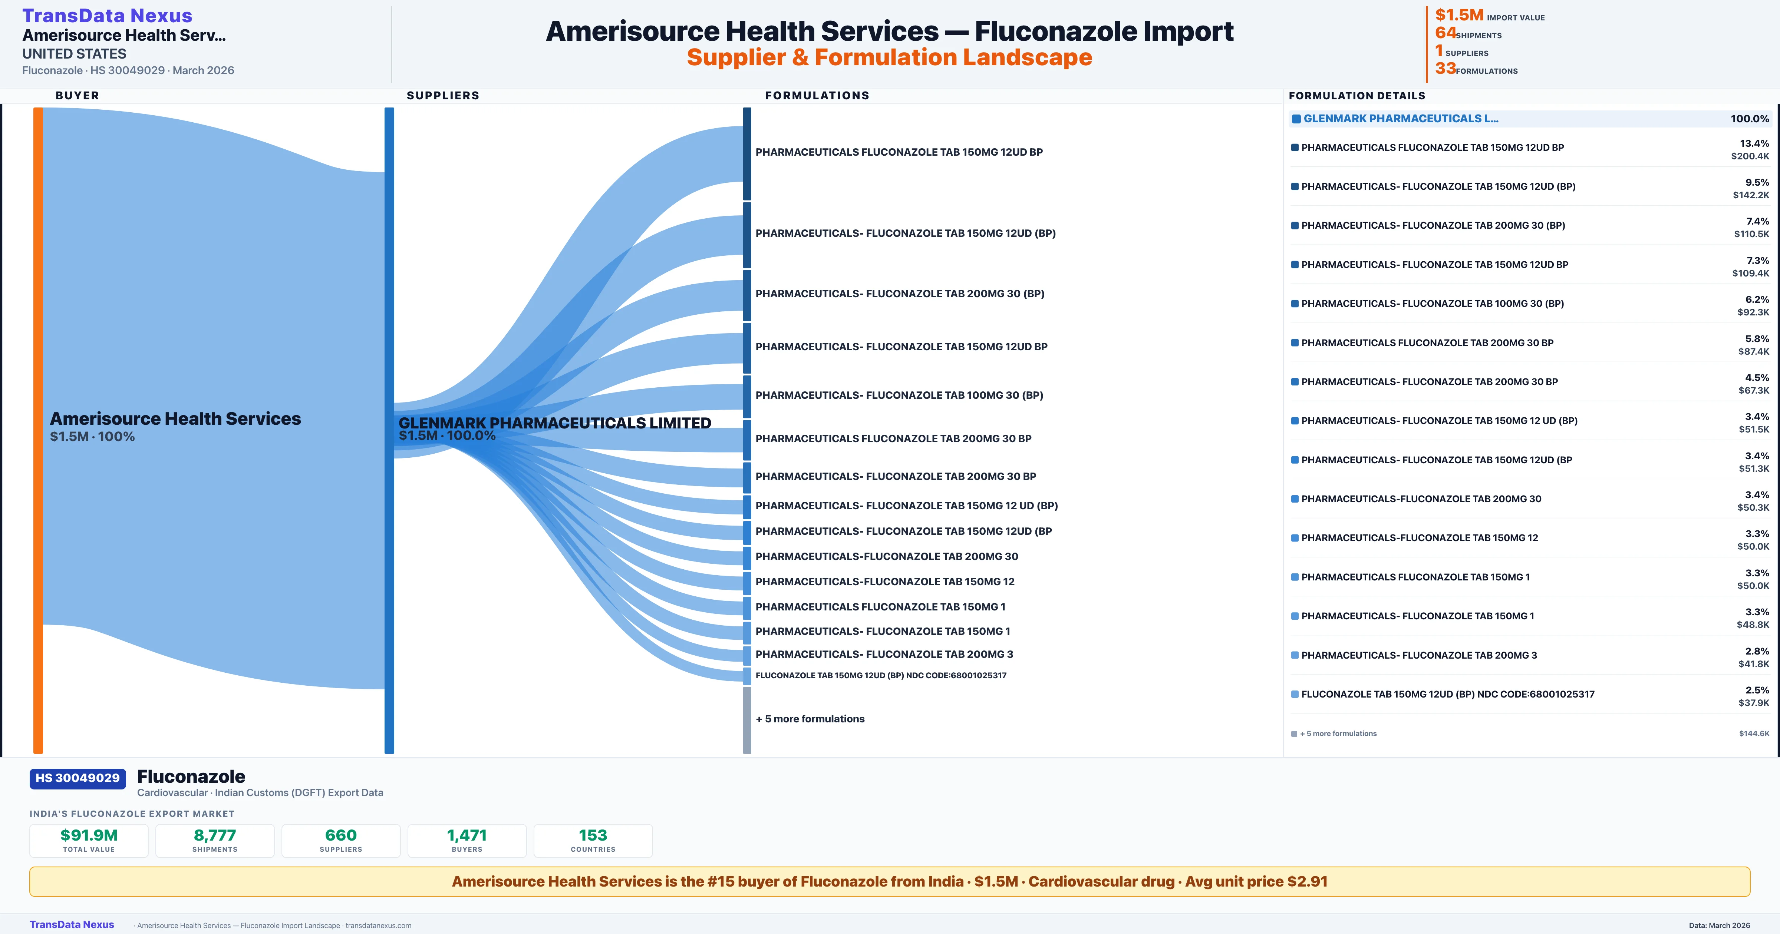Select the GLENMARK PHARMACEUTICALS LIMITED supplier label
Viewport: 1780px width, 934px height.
[554, 423]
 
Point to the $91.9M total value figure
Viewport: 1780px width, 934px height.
[89, 835]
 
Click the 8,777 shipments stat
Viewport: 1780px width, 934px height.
[215, 835]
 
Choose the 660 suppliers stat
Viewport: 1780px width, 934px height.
[341, 835]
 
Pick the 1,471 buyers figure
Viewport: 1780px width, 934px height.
[467, 835]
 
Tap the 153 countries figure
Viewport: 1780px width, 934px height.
[593, 835]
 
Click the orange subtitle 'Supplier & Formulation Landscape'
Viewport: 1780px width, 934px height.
[889, 57]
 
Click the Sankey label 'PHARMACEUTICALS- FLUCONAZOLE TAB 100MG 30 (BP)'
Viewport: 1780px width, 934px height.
[899, 395]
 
